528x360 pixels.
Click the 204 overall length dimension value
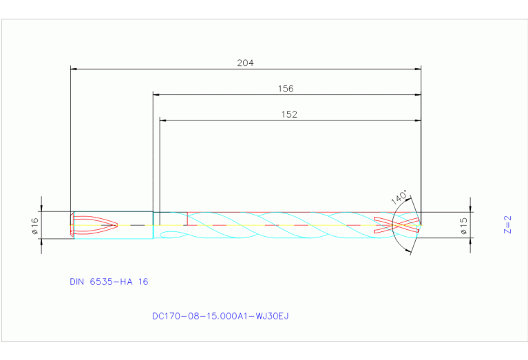[x=246, y=63]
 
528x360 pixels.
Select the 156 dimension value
[x=286, y=89]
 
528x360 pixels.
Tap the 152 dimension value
[x=289, y=115]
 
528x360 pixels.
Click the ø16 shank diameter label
[x=35, y=225]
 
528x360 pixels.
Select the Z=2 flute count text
[x=507, y=225]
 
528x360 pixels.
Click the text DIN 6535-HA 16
[x=109, y=282]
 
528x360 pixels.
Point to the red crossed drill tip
[x=397, y=225]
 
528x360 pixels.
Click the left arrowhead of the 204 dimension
[x=74, y=69]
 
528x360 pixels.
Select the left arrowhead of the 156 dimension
[x=156, y=94]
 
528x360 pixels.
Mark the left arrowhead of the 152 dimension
[x=163, y=120]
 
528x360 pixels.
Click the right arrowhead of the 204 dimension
[x=418, y=69]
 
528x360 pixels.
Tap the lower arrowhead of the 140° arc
[x=411, y=250]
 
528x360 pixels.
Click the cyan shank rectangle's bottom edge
[x=113, y=238]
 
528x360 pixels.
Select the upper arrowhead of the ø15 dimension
[x=471, y=209]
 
